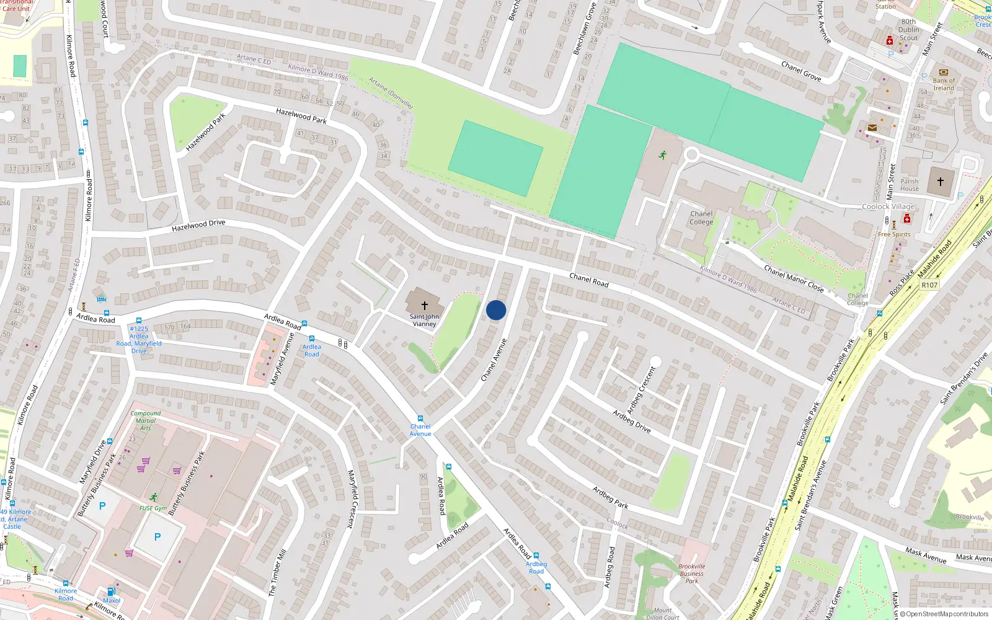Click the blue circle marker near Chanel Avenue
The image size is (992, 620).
pos(496,310)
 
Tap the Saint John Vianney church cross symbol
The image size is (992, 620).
pos(425,305)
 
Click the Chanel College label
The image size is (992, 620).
pos(701,218)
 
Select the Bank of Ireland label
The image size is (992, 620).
pos(944,84)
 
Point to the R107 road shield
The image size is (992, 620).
pos(929,285)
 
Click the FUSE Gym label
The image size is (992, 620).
pos(153,508)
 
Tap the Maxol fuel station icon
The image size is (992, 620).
pos(112,591)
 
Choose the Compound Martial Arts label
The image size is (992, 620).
pos(146,420)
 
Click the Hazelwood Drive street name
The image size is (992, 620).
pos(198,226)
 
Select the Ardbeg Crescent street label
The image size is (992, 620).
pos(641,390)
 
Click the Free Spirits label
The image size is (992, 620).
pos(894,234)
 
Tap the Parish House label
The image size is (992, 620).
pos(910,185)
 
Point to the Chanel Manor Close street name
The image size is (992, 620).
pos(794,278)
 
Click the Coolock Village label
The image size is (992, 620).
pos(888,206)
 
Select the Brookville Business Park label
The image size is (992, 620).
pos(691,573)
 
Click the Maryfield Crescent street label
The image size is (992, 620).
pos(352,498)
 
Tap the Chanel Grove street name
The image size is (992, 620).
pos(801,71)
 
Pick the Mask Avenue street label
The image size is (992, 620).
pos(925,555)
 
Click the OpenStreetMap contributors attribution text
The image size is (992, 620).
pos(944,614)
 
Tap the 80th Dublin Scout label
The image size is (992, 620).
pos(909,30)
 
